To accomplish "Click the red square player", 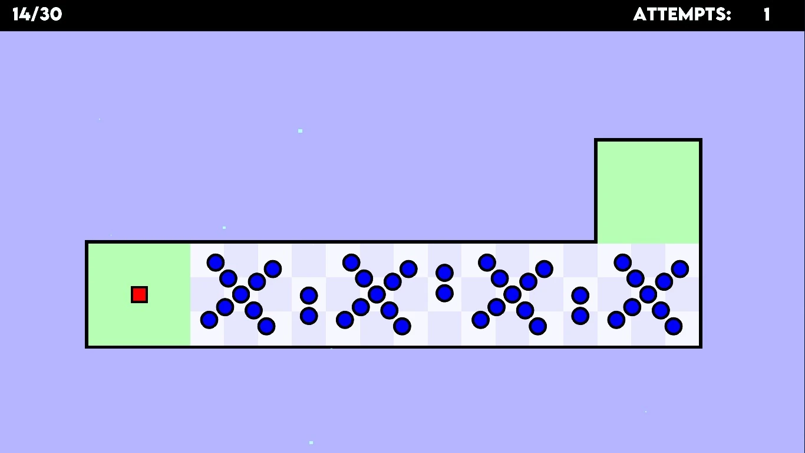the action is [x=139, y=294].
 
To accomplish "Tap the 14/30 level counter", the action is [x=37, y=15].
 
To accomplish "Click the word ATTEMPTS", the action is [x=682, y=15].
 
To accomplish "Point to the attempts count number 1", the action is [x=767, y=15].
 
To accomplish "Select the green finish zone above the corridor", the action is [x=648, y=191].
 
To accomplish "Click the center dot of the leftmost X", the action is [x=240, y=294].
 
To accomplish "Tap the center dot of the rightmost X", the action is [x=648, y=294].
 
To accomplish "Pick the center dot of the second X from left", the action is [x=377, y=294].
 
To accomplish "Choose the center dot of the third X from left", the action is [x=512, y=294].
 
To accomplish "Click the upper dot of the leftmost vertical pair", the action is [x=309, y=296].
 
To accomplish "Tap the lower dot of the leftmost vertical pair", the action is [x=309, y=316].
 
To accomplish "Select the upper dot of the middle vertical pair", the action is [x=444, y=273].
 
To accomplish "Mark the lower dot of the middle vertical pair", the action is [x=444, y=293].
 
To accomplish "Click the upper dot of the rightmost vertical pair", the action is [x=580, y=296].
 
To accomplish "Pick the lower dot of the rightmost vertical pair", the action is [x=580, y=316].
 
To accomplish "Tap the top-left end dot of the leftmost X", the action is [x=216, y=262].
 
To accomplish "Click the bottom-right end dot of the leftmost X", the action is [x=266, y=326].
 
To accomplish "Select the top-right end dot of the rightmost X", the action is [x=679, y=269].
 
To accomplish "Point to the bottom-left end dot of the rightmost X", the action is [x=616, y=320].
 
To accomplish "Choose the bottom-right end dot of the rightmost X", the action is [x=674, y=326].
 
